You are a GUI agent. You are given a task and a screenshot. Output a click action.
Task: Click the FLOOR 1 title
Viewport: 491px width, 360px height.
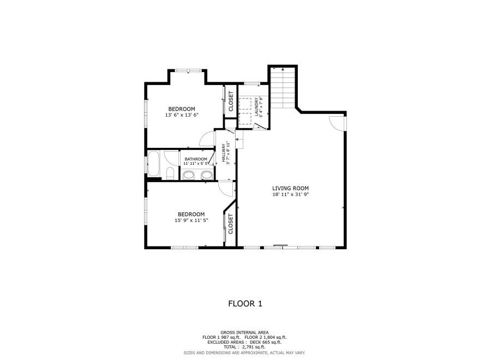click(x=245, y=303)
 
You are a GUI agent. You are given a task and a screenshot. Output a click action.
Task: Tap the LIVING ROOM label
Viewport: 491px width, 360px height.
click(x=290, y=188)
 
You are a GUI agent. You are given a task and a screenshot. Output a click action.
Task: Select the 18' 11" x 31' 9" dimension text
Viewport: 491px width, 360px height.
click(x=290, y=194)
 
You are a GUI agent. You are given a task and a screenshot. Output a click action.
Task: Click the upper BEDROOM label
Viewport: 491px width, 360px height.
click(x=182, y=109)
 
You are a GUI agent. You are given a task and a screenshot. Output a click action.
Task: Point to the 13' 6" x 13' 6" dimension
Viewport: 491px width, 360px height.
click(x=182, y=115)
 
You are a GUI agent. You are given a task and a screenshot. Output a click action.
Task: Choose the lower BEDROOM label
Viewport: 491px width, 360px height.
click(x=191, y=214)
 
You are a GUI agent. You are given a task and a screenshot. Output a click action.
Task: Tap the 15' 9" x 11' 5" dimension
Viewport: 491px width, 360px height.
click(x=191, y=220)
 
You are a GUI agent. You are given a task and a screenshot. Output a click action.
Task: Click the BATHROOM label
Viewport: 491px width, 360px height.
click(x=196, y=159)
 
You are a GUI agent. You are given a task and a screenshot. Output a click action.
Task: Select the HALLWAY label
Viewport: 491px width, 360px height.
click(x=224, y=153)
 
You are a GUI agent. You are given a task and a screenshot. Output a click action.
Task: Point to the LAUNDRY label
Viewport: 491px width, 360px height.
click(x=256, y=107)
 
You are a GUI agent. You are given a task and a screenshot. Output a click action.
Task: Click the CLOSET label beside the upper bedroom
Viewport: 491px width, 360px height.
click(x=231, y=101)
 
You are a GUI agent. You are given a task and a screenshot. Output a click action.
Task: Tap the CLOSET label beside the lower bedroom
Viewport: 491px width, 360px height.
click(x=231, y=224)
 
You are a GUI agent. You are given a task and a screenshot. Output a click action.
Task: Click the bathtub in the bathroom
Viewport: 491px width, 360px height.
click(x=153, y=164)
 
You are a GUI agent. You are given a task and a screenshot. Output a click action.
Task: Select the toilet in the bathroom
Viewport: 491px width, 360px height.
click(x=170, y=173)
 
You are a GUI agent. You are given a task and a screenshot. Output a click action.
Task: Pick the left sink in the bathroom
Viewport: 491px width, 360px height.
click(x=189, y=175)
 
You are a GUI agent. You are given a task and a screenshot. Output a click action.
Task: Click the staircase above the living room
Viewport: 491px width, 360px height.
click(x=283, y=88)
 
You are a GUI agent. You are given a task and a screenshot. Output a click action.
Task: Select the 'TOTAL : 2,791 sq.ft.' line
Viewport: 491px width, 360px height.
click(x=244, y=347)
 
